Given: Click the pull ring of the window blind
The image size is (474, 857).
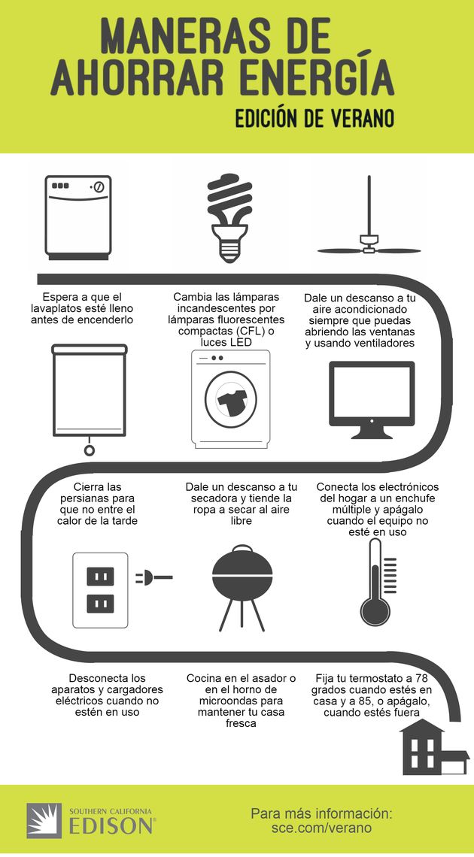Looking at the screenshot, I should [x=90, y=450].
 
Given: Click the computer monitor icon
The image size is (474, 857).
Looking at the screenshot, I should [x=371, y=398].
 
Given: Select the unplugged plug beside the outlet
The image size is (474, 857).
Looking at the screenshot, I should [x=153, y=578].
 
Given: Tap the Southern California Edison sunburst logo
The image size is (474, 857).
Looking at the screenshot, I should [x=44, y=820].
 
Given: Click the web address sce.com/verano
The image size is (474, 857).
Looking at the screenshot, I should [x=321, y=828].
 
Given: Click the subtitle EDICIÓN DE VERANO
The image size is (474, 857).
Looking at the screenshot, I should [x=315, y=120].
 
